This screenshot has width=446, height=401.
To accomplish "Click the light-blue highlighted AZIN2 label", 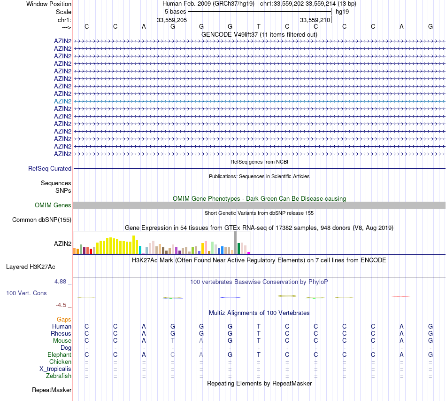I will point(62,101).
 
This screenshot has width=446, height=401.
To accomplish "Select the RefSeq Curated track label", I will point(50,168).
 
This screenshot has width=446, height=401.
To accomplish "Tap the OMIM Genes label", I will point(53,205).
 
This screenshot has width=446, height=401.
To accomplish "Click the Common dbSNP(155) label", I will point(42,220).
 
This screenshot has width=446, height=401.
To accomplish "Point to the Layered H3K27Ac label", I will point(31,267).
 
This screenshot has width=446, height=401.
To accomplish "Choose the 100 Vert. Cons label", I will point(26,293).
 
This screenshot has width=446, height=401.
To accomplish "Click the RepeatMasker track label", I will point(52,390).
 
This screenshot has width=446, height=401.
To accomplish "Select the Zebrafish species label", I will point(59,376).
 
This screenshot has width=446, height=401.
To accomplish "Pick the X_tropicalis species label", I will point(55,369).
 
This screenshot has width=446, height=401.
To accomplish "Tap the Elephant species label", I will point(59,354).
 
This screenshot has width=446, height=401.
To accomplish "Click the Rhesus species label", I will point(61,333).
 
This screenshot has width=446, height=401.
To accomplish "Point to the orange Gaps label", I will point(64,319).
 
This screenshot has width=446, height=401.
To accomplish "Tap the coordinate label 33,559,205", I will point(172,20).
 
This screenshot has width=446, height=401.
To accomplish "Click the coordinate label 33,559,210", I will point(315,20).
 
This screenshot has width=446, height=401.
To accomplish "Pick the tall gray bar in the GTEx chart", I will point(235,243).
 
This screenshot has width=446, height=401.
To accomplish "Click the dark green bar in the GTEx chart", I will point(239,248).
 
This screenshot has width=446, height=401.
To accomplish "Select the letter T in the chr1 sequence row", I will point(258,26).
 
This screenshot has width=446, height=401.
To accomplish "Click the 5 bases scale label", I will point(175,11).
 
